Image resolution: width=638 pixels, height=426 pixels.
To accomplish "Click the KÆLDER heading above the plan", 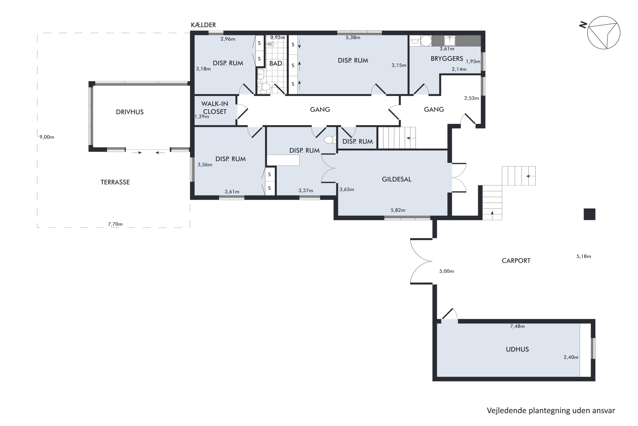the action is coord(204,25).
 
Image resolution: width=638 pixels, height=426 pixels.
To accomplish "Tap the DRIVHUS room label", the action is coord(130,112).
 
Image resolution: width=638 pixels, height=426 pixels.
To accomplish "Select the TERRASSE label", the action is coord(115,182).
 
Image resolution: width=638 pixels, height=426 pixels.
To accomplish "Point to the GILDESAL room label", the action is coord(397,179).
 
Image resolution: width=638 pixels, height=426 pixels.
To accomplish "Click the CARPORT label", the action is coord(516,260).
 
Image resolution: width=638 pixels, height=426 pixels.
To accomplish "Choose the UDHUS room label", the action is coord(517,349).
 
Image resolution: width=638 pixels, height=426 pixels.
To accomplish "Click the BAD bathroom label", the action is coord(276,63).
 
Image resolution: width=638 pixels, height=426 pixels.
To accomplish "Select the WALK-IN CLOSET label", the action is coord(215,108).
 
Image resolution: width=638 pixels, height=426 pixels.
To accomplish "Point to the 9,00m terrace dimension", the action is coord(47,137).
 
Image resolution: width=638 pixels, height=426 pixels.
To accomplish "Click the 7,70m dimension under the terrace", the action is coord(115,224).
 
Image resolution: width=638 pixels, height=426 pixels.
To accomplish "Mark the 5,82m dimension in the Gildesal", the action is coord(398,210).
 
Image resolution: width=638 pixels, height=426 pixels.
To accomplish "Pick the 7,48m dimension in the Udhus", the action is coord(517,326).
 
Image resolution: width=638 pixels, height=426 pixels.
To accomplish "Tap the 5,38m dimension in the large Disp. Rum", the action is coord(353,37).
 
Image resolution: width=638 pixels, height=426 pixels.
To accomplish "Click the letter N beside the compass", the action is coord(583,25).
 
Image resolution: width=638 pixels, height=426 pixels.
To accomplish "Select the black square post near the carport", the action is coord(590,214).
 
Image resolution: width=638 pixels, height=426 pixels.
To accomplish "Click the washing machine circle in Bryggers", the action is coord(426,41).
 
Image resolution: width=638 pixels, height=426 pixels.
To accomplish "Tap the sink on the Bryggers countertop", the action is coord(450,40).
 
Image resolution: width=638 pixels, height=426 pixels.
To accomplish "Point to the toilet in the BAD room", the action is coord(264,87).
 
